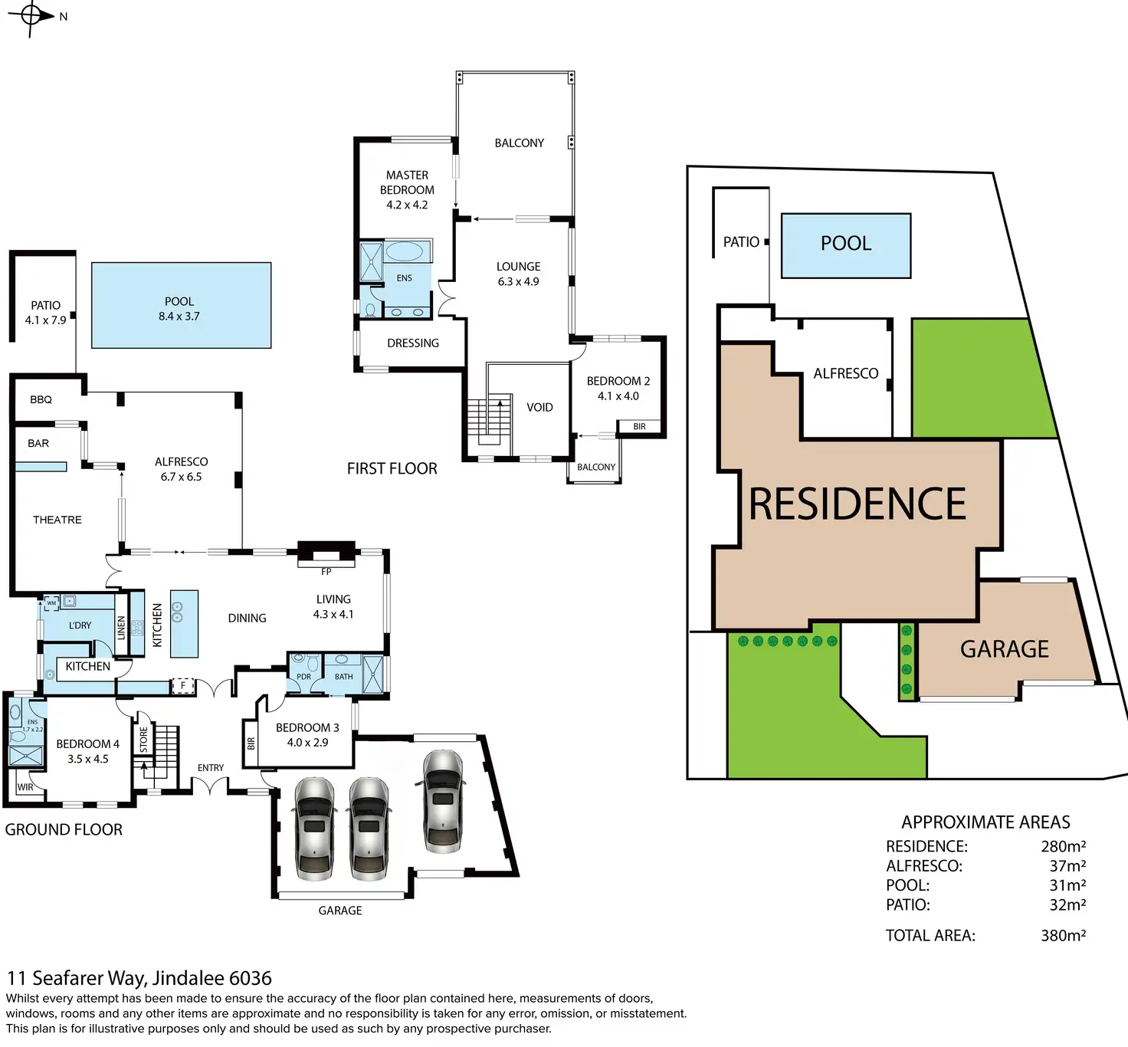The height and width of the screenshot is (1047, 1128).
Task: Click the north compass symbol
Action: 31,17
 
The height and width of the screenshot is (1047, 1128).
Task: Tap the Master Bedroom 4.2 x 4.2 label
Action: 407,190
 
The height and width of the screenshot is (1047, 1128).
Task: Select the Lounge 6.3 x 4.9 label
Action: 518,274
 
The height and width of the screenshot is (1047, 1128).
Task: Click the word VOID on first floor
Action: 539,407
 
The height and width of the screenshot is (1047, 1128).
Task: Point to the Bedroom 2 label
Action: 618,389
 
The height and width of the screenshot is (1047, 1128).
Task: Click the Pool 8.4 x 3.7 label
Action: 179,308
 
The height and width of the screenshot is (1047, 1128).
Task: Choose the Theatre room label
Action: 57,520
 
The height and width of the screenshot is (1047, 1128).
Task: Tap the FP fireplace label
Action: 326,572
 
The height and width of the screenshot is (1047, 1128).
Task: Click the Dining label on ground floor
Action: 247,618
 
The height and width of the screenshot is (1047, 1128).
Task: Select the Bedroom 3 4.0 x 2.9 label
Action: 307,734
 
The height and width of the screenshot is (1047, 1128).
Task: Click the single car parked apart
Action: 442,800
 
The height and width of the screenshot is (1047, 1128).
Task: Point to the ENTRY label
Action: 211,767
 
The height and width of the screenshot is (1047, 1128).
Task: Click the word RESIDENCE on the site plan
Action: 857,504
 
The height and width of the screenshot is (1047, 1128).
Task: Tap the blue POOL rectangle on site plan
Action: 846,245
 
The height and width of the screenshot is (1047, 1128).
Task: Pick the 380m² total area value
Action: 1064,935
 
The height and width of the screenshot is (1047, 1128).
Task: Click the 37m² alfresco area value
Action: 1067,866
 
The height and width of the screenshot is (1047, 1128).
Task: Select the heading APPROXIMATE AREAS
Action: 985,822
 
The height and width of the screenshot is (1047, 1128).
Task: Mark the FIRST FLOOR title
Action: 392,468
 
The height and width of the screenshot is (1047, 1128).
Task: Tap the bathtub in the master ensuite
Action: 404,251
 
